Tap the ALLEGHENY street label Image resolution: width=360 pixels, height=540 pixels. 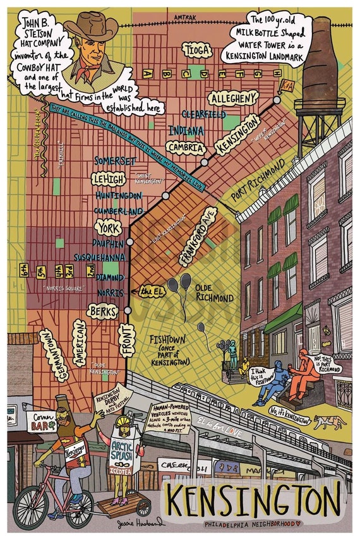234,98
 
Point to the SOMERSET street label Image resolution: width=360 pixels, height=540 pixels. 116,161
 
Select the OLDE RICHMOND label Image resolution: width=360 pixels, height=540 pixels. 215,292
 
